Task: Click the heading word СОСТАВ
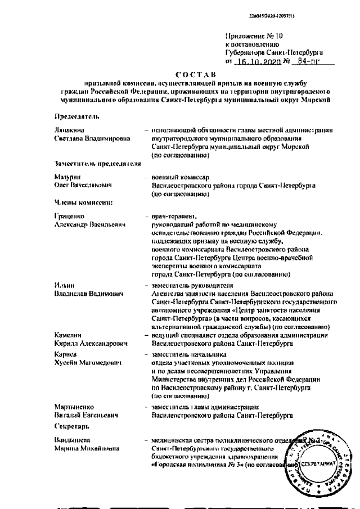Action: [195, 74]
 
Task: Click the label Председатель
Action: [76, 117]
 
